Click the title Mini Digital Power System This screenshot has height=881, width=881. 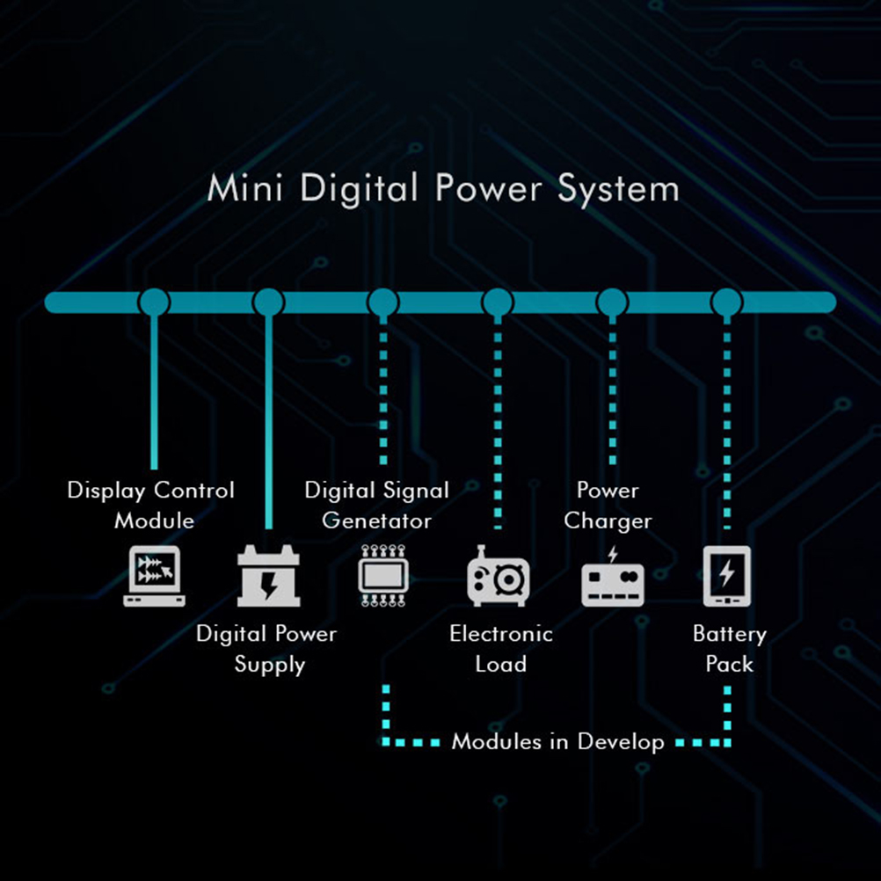(442, 189)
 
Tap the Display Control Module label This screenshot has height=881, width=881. (151, 505)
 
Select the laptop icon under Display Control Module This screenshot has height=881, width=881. (154, 577)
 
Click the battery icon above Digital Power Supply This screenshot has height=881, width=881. (269, 577)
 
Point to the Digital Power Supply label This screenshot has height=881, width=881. (267, 649)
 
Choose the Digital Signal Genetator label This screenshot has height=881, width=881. (376, 505)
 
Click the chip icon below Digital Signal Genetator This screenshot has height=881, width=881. (383, 577)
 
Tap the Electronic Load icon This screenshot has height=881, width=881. (497, 577)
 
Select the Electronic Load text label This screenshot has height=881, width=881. (500, 649)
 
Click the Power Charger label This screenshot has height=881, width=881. (608, 505)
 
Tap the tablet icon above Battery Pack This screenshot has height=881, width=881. (727, 577)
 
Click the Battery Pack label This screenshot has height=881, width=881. (729, 649)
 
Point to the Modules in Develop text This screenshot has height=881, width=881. (557, 742)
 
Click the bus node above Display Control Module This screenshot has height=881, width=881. (154, 302)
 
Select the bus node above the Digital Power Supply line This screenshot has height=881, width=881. (268, 302)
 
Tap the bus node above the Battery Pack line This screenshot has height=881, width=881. (727, 302)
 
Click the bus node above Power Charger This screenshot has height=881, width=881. (612, 302)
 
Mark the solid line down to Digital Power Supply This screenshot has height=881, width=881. (268, 422)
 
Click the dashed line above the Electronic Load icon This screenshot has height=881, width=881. (498, 422)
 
